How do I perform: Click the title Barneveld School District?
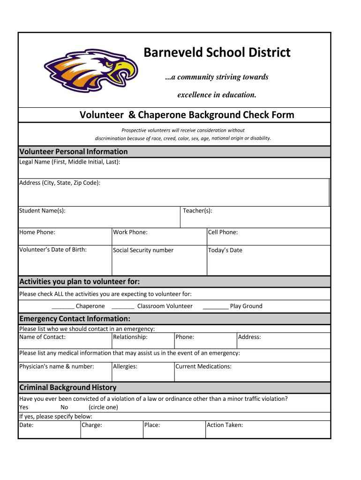coord(217,52)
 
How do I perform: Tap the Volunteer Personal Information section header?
coord(73,151)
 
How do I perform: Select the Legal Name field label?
coord(69,162)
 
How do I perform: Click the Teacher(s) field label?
coord(197,210)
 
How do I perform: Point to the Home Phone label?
coord(37,232)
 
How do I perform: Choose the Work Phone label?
coord(130,232)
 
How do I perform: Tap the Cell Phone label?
coord(223,232)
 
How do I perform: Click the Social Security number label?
coord(143,250)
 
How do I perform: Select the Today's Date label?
coord(225,250)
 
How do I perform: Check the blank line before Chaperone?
coord(63,307)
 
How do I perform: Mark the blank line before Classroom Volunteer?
coord(123,307)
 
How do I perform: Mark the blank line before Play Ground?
coord(216,307)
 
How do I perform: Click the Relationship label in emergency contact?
coord(130,337)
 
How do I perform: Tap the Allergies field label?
coord(125,366)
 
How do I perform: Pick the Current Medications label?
coord(203,366)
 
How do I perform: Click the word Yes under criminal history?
coord(23,407)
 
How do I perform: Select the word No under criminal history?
coord(64,407)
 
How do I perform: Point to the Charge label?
coord(92,425)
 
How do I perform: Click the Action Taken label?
coord(225,425)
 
